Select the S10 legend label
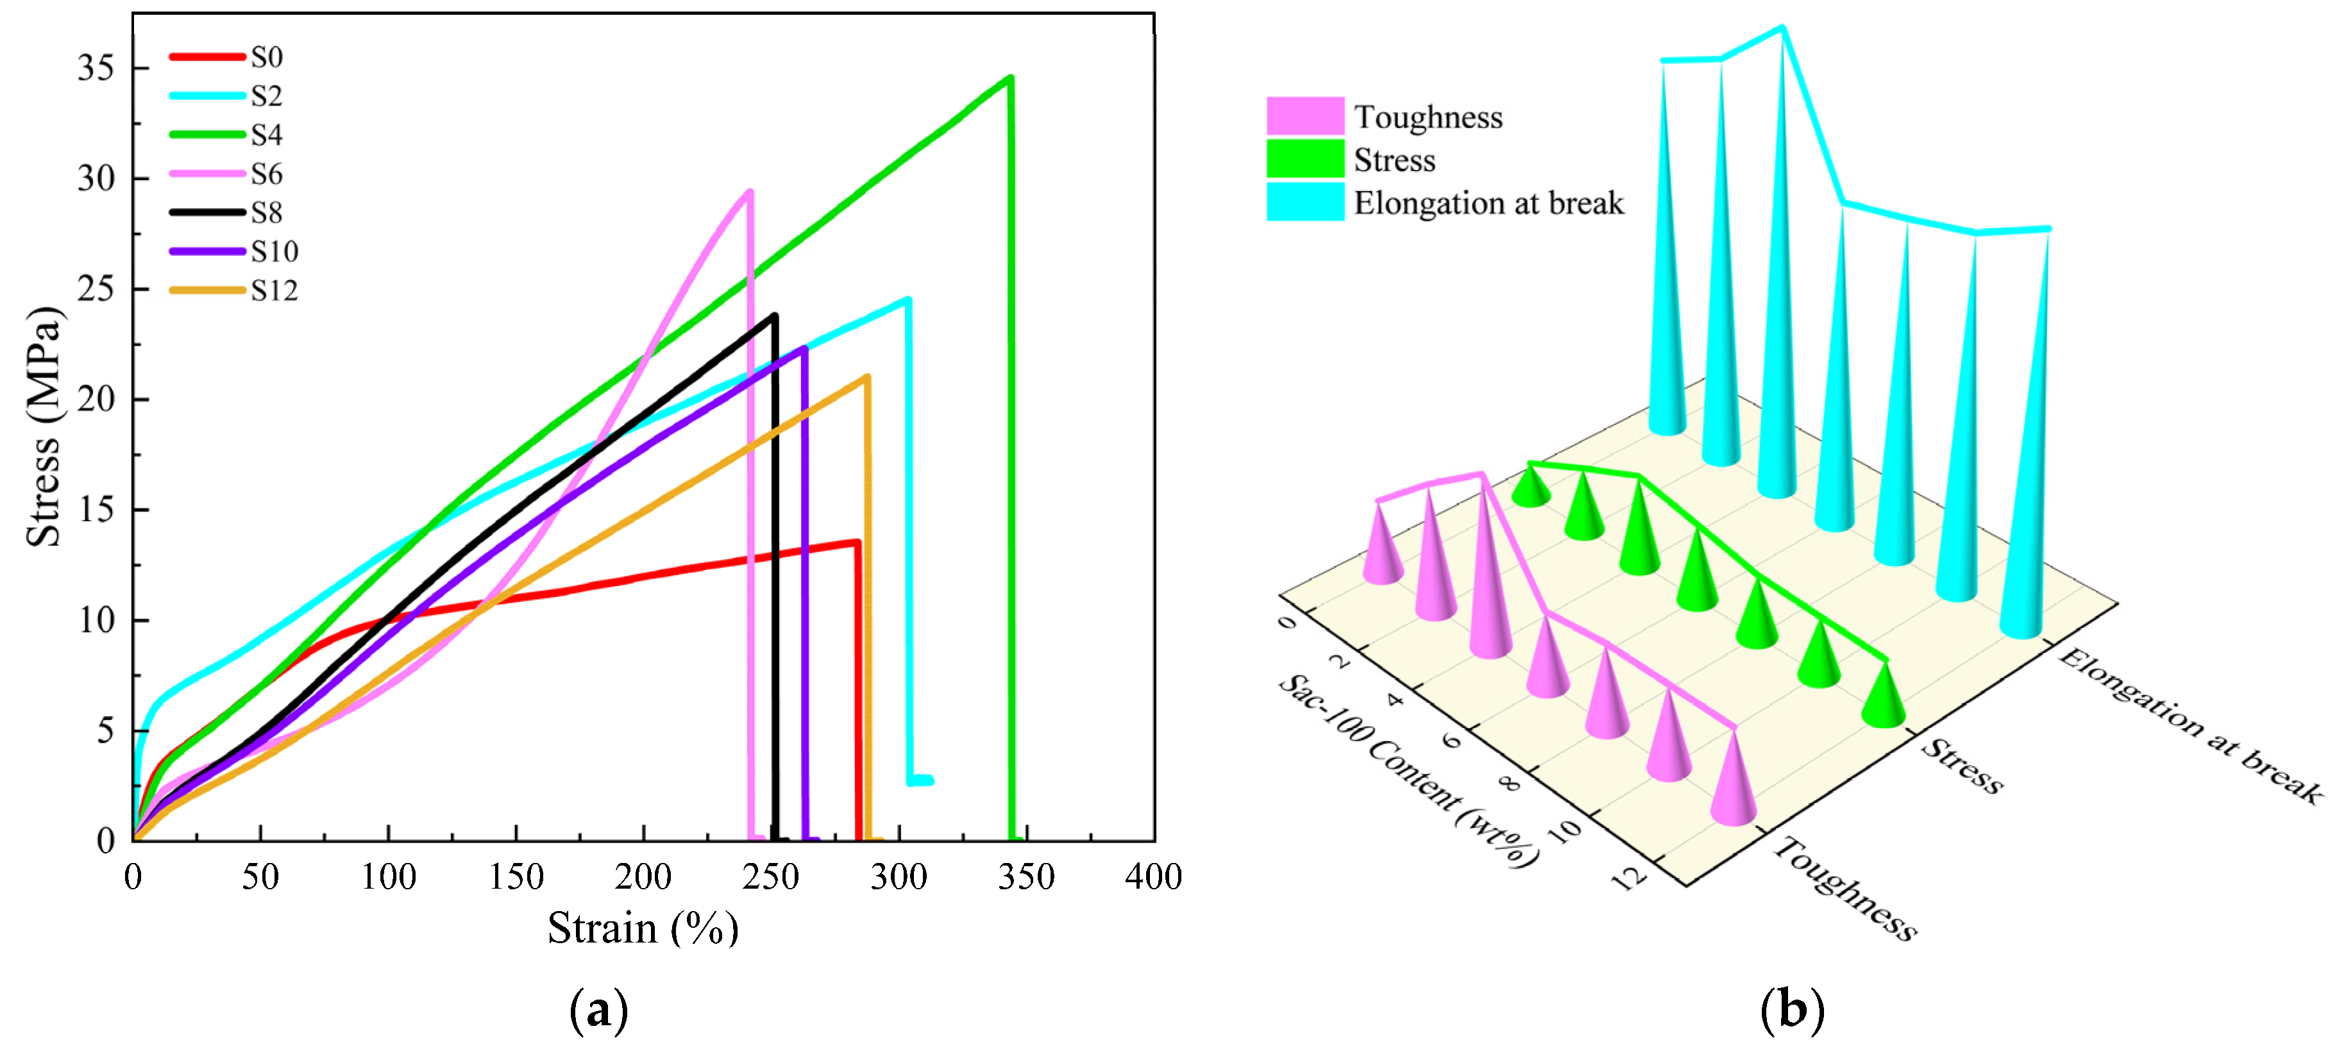[274, 251]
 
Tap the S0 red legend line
[207, 57]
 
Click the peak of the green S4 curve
[1009, 78]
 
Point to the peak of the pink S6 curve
[749, 192]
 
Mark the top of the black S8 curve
[773, 316]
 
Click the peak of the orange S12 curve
[867, 377]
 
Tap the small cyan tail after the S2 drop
[921, 780]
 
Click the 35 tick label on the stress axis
[96, 68]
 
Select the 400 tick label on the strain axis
[1153, 877]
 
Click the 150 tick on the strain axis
[516, 877]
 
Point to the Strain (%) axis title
[643, 928]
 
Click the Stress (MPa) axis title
[44, 427]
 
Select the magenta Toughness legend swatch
[1305, 116]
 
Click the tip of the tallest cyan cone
[1782, 29]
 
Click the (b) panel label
[1791, 1010]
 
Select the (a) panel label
[598, 1010]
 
